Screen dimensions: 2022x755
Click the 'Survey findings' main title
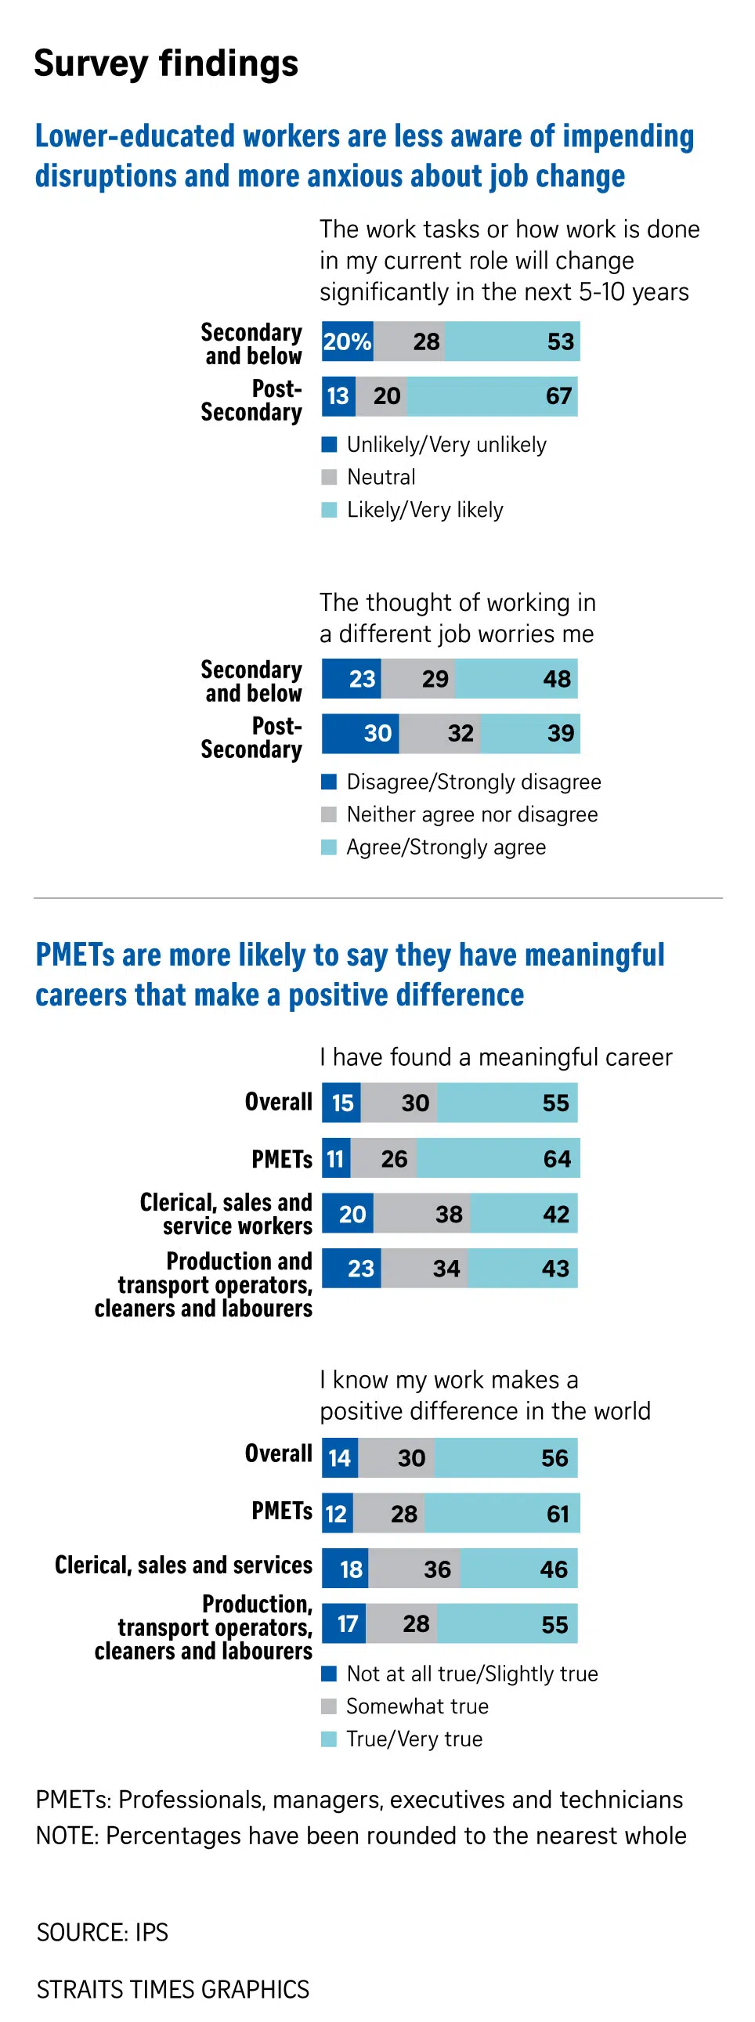(165, 63)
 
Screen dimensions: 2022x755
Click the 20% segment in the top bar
(347, 341)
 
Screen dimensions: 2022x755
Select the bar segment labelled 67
(492, 396)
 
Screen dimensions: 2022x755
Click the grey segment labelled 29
(418, 679)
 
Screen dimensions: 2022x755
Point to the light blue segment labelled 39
(529, 734)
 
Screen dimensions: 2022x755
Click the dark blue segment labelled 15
(341, 1103)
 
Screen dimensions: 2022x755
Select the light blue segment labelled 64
(497, 1158)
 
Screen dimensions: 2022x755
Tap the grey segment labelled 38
(421, 1215)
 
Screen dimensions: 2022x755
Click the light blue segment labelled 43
(522, 1269)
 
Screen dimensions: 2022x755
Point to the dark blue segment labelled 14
(340, 1458)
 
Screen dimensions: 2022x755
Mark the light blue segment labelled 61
(501, 1513)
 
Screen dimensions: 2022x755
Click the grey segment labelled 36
(414, 1569)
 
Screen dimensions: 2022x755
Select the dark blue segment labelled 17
(344, 1624)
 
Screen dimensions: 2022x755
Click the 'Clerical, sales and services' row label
(182, 1565)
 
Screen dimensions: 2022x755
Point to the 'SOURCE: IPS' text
(102, 1932)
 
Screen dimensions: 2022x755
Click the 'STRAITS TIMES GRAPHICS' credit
(172, 1990)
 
